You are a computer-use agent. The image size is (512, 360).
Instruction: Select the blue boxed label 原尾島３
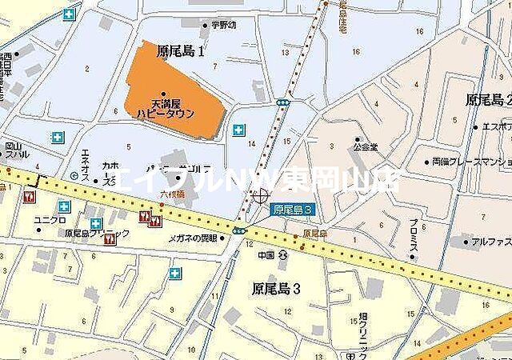292,210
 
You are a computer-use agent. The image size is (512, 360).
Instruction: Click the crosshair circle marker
259,196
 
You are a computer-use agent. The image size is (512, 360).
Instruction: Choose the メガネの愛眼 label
192,238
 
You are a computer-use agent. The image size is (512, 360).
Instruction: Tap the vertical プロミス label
412,242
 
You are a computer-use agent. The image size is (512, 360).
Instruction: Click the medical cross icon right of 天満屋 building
238,130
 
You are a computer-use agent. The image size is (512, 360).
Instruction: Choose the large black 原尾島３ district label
276,288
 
